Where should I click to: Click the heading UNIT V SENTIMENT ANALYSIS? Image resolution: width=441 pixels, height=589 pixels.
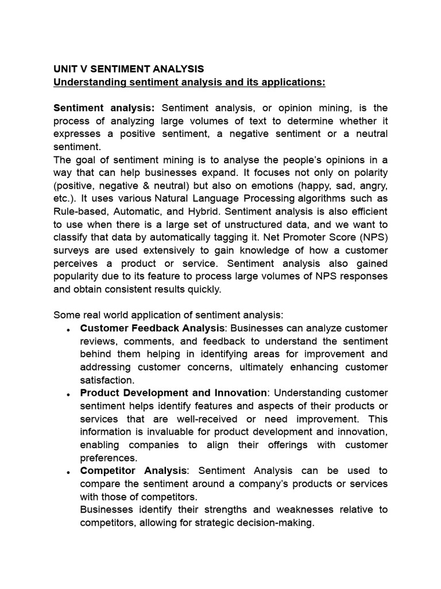coord(128,69)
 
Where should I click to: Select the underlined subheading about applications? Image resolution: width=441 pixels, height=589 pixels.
coord(189,82)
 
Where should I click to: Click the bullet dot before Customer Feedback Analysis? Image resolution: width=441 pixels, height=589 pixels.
coord(68,330)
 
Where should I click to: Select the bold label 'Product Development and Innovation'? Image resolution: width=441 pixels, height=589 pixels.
coord(173,392)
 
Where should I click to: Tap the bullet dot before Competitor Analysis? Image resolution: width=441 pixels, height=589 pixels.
coord(68,472)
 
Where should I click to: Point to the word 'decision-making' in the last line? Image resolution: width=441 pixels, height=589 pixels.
coord(280,523)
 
